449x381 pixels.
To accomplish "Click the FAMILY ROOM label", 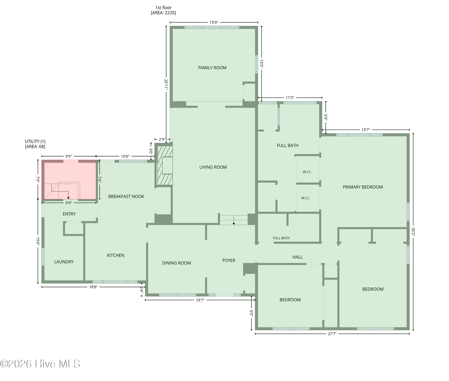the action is click(212, 68).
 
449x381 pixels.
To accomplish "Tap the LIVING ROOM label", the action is click(213, 167).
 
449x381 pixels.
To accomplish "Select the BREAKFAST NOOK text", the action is click(126, 197).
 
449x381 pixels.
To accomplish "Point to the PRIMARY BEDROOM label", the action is click(363, 187).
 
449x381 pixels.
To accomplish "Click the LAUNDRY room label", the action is click(64, 262).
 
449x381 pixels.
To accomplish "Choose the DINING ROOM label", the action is click(176, 263).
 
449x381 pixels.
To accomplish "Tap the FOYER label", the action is click(229, 260).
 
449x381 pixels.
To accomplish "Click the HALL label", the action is click(298, 257).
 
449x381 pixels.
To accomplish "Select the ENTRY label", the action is click(69, 214).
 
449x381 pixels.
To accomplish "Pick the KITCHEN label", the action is click(116, 255).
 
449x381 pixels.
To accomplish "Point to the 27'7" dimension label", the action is click(332, 334).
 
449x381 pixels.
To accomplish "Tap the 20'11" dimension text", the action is click(166, 85).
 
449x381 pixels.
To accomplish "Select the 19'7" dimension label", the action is click(200, 300).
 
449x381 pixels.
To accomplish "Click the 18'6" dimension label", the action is click(93, 287).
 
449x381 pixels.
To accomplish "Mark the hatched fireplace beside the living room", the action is click(165, 165).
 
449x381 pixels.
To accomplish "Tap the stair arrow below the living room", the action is click(234, 220).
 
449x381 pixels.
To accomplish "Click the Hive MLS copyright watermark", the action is click(40, 364).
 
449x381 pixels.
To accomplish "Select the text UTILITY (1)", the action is click(35, 141).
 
